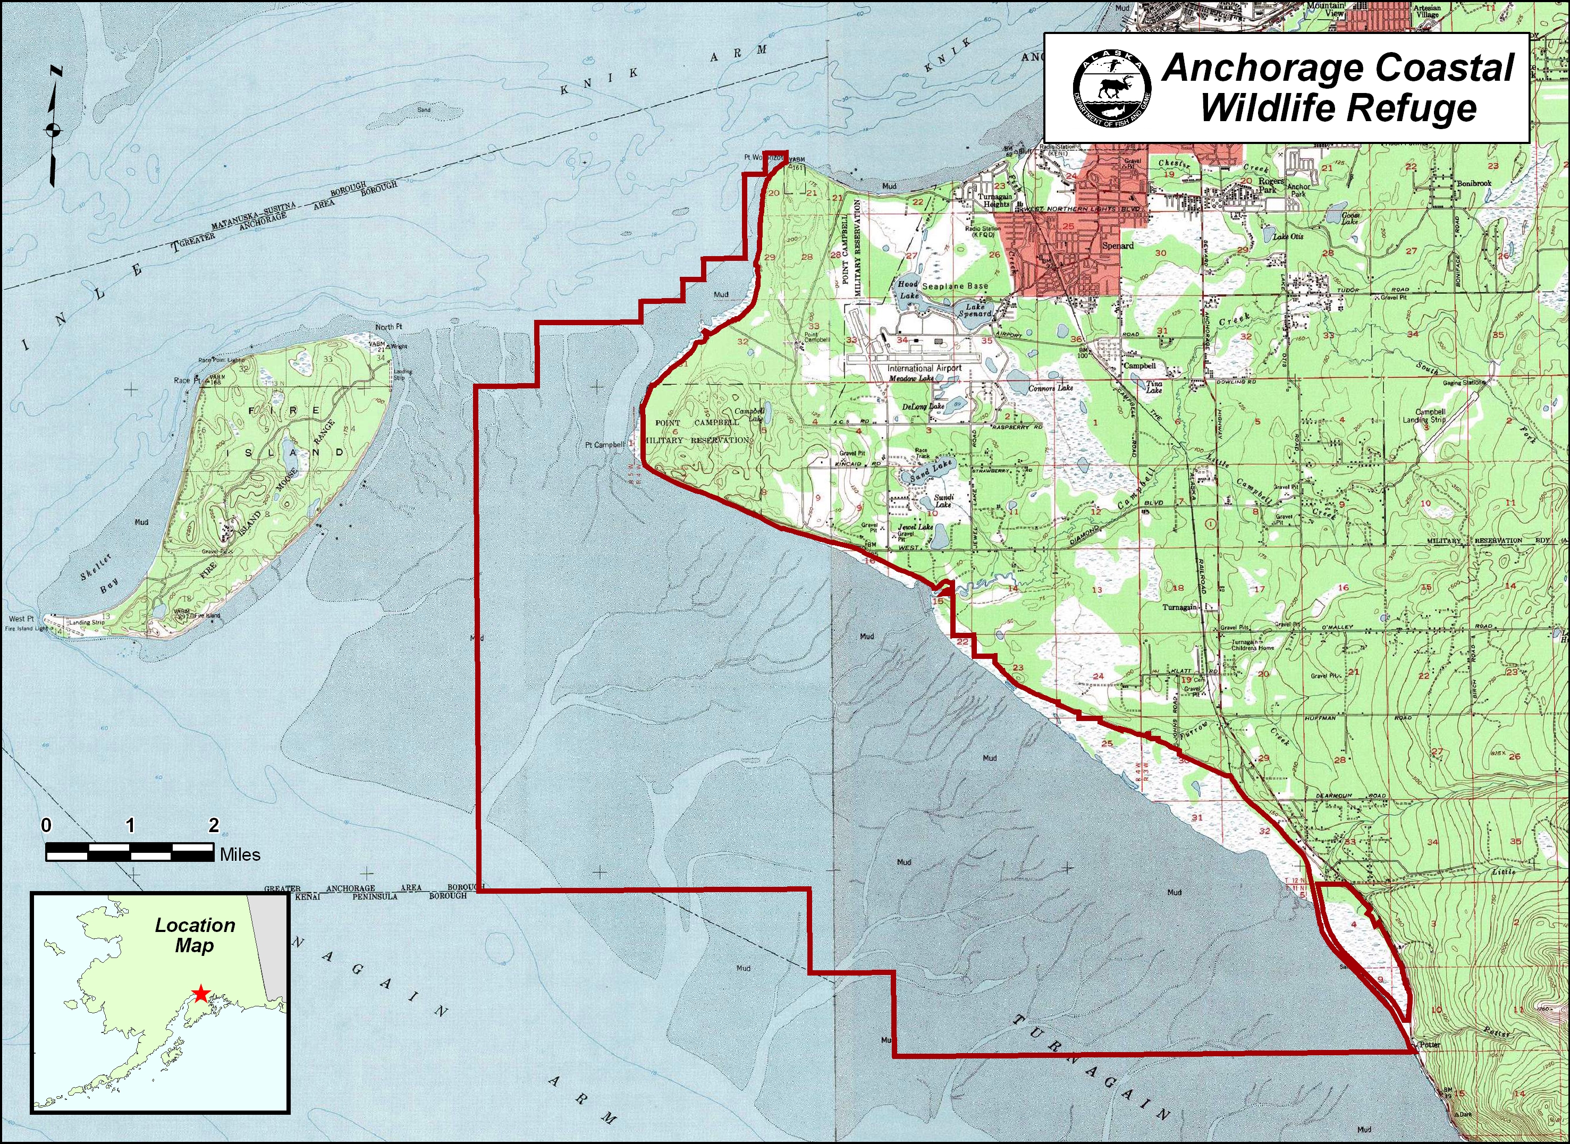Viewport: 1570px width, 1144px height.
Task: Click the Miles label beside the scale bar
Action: (240, 854)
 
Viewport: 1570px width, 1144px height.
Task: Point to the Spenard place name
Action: (1118, 246)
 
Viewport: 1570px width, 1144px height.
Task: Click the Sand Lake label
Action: (932, 472)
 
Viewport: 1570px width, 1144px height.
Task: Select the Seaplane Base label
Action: (955, 285)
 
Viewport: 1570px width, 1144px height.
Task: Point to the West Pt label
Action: (21, 618)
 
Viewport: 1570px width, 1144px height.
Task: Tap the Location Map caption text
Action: (195, 935)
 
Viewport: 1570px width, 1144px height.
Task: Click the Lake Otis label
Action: (1288, 236)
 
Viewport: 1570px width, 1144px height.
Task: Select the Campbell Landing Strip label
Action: (1424, 416)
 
